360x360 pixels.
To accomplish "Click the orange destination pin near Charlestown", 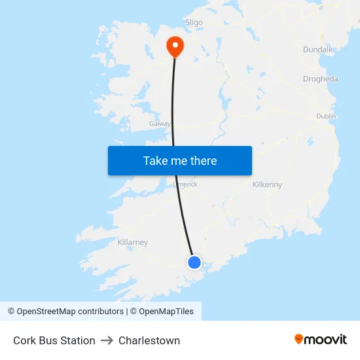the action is [175, 46].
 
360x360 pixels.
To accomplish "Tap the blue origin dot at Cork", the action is [194, 262].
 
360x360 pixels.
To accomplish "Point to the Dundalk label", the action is [318, 50].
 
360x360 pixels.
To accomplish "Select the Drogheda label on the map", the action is [321, 79].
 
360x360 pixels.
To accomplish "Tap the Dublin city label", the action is [326, 116].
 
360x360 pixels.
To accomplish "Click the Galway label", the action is [160, 123].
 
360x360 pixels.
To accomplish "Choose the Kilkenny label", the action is [267, 185].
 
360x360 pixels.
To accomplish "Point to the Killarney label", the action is [133, 242].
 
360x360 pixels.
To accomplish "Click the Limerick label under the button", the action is [185, 185].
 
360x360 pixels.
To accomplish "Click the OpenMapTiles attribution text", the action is [166, 312].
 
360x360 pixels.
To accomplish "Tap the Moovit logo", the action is [321, 339].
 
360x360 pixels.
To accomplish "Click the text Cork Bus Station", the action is [54, 340].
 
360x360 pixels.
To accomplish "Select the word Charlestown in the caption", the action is [149, 340].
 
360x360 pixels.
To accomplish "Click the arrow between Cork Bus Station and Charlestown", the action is [107, 340].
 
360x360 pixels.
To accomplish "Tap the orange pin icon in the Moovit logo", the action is [299, 339].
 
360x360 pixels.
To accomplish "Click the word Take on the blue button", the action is [155, 161].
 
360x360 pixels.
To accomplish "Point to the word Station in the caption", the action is [79, 340].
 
